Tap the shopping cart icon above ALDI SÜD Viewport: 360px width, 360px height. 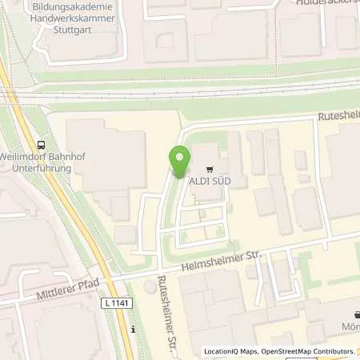tap(210, 169)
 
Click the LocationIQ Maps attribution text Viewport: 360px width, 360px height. tap(231, 351)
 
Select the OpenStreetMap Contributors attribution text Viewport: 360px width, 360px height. tap(308, 351)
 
